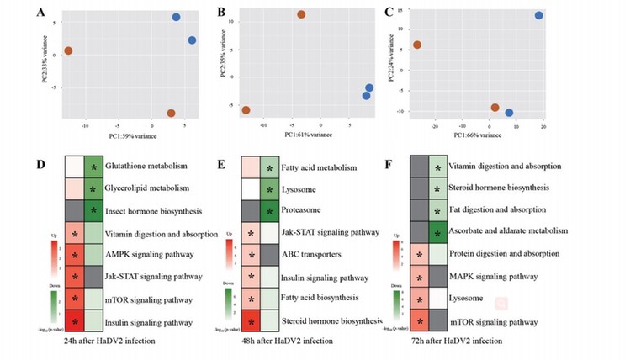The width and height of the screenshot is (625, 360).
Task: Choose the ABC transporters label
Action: click(318, 253)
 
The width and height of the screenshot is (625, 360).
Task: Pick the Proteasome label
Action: click(304, 209)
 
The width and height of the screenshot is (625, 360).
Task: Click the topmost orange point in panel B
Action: click(301, 14)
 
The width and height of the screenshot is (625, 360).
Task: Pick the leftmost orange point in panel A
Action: click(68, 51)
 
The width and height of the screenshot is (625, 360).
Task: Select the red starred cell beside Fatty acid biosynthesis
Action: click(251, 297)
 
